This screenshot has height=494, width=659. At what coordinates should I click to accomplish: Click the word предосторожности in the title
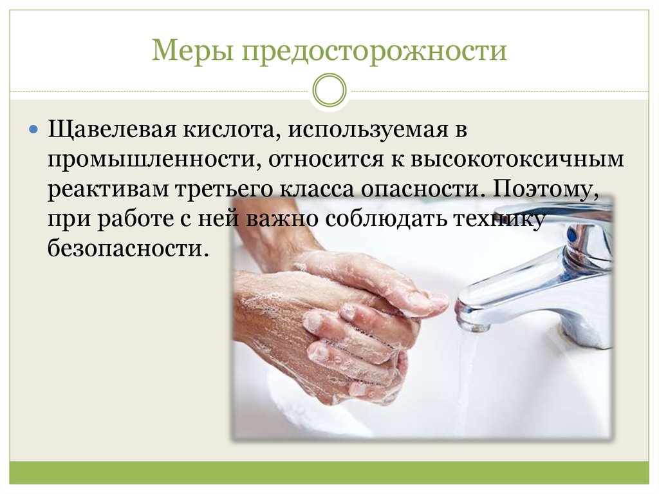(x=375, y=52)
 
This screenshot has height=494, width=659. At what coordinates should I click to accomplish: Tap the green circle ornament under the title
(x=329, y=90)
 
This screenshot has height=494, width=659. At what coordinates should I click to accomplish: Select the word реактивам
(x=107, y=189)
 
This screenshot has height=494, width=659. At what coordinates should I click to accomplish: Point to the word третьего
(x=224, y=189)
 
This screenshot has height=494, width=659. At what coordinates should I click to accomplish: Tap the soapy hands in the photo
(x=335, y=322)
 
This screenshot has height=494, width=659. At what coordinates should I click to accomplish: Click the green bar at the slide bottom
(x=329, y=472)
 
